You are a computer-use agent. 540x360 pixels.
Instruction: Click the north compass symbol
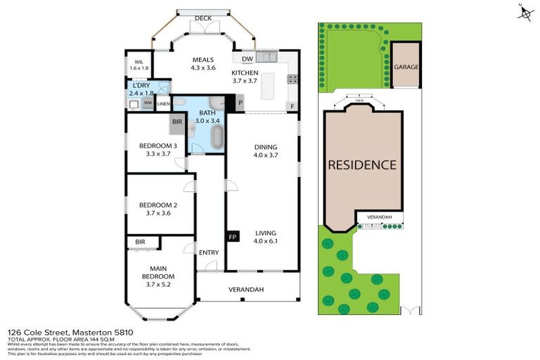coord(525,13)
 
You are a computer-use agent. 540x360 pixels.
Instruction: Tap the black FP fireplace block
coord(232,237)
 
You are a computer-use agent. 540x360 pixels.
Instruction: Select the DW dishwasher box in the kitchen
coord(247,59)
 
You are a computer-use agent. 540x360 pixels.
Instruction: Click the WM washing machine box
coord(148,103)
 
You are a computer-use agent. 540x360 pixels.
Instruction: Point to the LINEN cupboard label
coord(163,104)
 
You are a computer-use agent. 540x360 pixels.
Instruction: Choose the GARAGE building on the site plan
coord(406,67)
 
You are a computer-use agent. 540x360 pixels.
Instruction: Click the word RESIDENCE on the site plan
coord(362,165)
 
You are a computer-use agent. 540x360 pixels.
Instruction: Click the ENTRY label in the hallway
coord(209,252)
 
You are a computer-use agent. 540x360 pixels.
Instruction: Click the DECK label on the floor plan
coord(203,18)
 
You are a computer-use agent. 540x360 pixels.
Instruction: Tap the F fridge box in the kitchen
coord(292,106)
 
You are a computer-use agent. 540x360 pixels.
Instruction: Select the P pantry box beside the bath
coord(240,103)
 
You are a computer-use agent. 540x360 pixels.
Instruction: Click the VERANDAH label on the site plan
coord(380,217)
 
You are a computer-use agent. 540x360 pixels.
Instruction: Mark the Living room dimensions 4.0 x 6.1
coord(265,242)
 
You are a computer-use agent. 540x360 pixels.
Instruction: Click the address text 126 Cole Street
coord(42,331)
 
